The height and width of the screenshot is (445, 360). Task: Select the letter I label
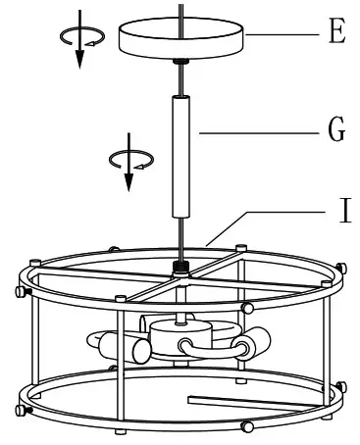tap(335, 209)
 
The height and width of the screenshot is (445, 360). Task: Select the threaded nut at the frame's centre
tap(180, 266)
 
